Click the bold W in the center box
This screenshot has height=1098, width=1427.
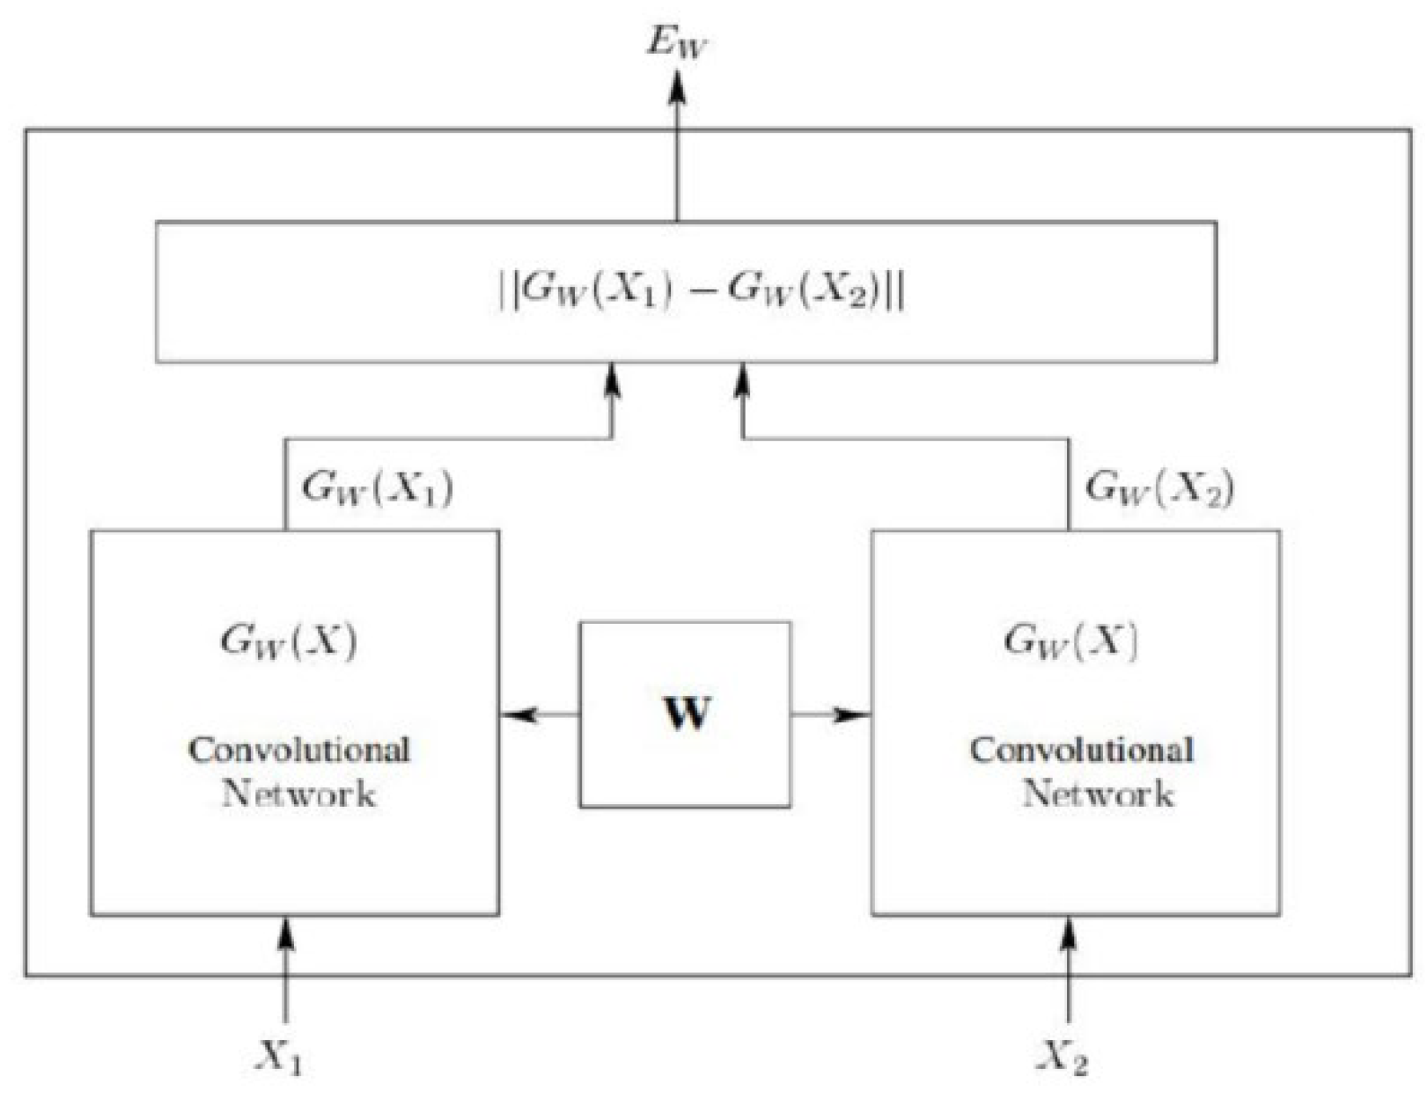(x=686, y=714)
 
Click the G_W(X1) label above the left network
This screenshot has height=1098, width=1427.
(x=378, y=487)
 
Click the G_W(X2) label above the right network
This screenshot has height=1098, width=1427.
(x=1159, y=487)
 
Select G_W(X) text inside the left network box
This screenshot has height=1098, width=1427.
(x=289, y=641)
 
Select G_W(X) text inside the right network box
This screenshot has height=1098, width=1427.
(x=1070, y=641)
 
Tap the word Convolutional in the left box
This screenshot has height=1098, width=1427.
(x=299, y=750)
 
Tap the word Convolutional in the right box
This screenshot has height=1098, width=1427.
(x=1082, y=750)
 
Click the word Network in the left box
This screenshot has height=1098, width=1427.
(x=299, y=794)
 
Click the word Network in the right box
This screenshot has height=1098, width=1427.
(x=1098, y=794)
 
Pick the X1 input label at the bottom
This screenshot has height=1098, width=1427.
(x=280, y=1056)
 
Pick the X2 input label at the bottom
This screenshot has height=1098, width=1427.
(x=1063, y=1056)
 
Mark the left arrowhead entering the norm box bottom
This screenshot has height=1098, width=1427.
(x=612, y=380)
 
